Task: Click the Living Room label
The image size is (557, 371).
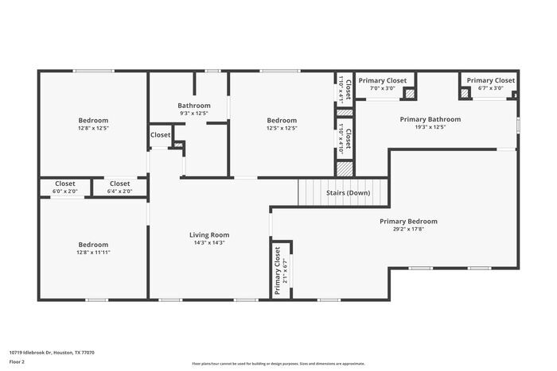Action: (x=209, y=234)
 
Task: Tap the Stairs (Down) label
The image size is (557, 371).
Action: (x=348, y=193)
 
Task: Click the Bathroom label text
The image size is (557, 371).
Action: (x=193, y=106)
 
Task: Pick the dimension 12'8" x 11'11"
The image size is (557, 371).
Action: (x=93, y=253)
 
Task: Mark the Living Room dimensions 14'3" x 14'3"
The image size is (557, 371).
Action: (x=209, y=243)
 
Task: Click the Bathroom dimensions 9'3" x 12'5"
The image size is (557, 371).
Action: (x=193, y=114)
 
